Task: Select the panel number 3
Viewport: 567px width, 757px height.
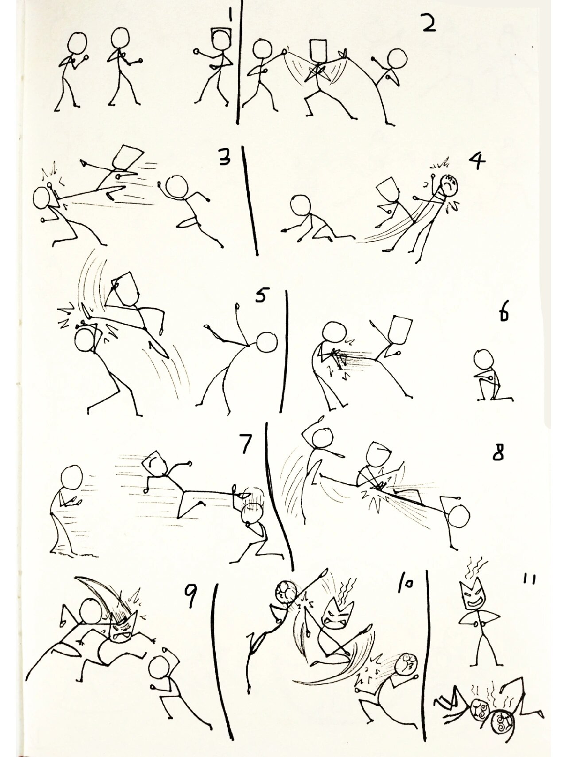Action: point(224,156)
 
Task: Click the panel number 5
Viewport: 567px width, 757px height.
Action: point(261,296)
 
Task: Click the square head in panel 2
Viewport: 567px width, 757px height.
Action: point(318,50)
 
